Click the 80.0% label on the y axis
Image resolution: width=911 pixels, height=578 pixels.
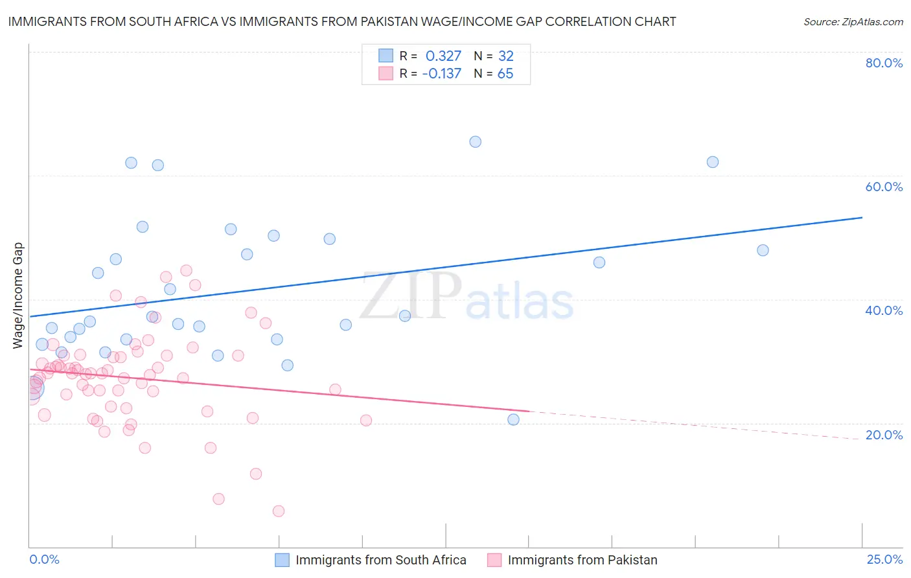click(x=884, y=63)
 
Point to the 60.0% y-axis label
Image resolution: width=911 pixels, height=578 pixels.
click(x=884, y=187)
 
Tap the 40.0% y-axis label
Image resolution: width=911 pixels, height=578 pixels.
click(x=884, y=310)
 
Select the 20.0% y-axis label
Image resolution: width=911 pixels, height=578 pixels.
click(x=884, y=435)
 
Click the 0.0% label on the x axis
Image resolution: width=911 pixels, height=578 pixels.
click(x=44, y=559)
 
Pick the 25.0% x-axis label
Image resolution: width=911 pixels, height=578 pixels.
click(x=884, y=559)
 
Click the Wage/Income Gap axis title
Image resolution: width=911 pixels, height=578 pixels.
click(x=18, y=295)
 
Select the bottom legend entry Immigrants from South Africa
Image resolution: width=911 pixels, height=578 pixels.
click(x=380, y=560)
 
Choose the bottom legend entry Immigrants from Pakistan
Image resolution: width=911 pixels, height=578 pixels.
click(x=582, y=560)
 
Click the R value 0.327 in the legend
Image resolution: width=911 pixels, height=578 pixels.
click(x=443, y=56)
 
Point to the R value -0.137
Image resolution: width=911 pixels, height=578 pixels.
click(x=441, y=73)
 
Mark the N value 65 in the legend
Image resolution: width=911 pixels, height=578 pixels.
click(x=505, y=73)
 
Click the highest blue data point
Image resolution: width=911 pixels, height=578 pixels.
click(x=475, y=142)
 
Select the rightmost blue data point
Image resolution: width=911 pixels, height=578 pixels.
click(x=763, y=250)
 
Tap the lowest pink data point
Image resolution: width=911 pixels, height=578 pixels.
click(x=279, y=511)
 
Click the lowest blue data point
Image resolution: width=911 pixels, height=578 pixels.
click(x=513, y=419)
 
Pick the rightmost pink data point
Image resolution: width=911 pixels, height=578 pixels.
click(x=366, y=421)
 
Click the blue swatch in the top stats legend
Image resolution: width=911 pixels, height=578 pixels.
click(x=386, y=56)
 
